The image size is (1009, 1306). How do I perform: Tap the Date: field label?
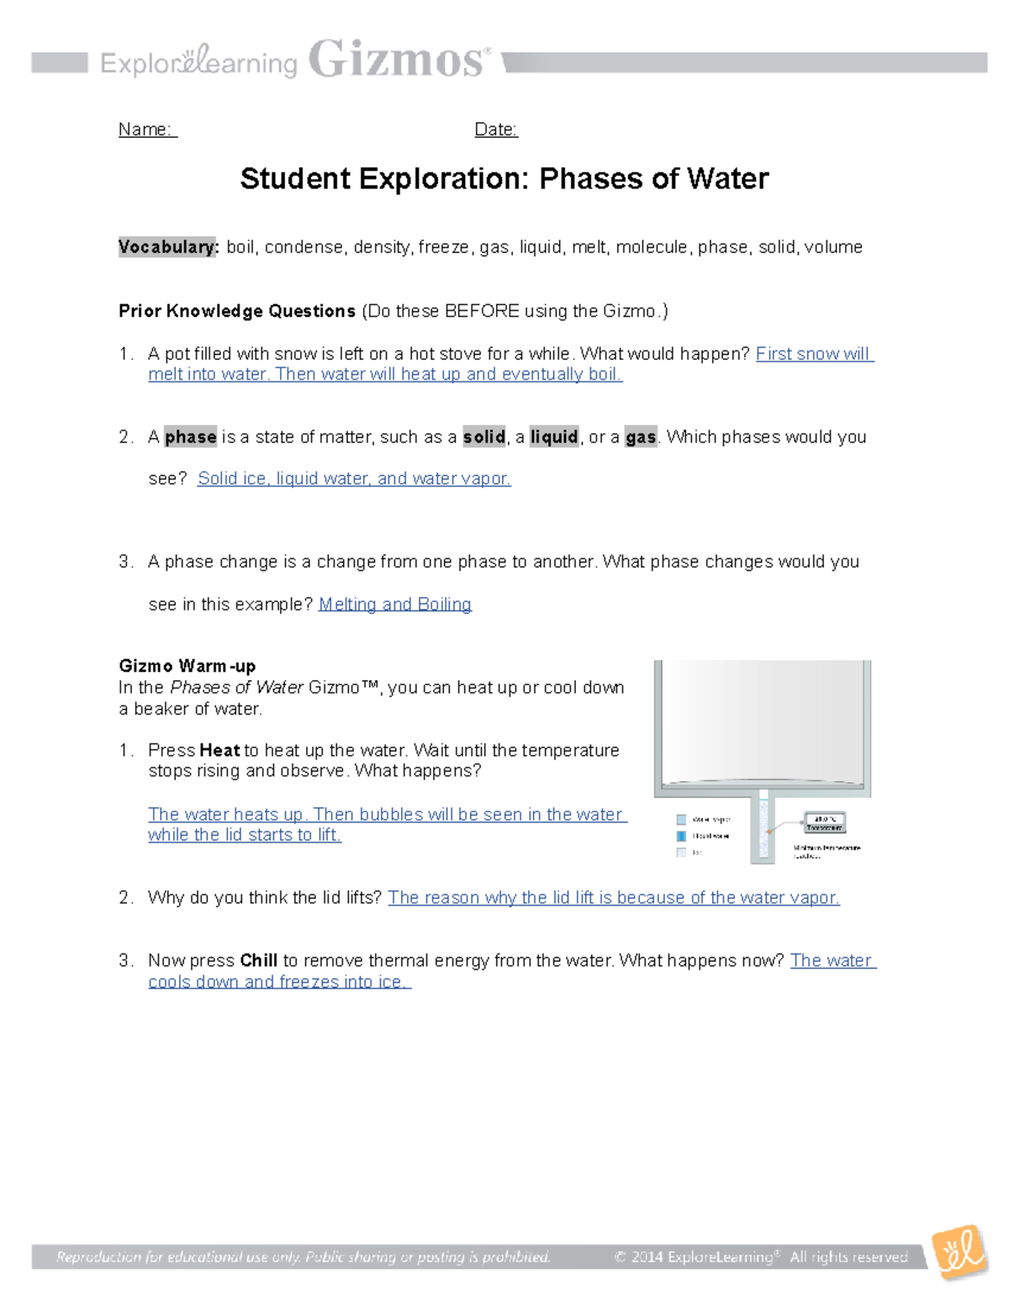tap(496, 130)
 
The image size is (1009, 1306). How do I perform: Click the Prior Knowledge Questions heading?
tap(237, 311)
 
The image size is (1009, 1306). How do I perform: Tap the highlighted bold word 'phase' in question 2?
tap(191, 437)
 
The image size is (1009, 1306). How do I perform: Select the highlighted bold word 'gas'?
tap(641, 437)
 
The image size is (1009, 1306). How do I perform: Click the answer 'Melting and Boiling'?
tap(394, 605)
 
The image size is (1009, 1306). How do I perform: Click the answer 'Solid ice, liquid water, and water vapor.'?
tap(354, 479)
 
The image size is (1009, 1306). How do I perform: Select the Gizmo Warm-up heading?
tap(187, 667)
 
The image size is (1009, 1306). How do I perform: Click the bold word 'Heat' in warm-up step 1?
tap(219, 750)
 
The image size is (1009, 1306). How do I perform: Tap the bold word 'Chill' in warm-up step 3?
tap(258, 960)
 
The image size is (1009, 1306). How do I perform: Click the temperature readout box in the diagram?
tap(825, 822)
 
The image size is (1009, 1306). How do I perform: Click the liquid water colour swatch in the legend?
tap(681, 836)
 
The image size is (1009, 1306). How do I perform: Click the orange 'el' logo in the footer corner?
tap(960, 1252)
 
